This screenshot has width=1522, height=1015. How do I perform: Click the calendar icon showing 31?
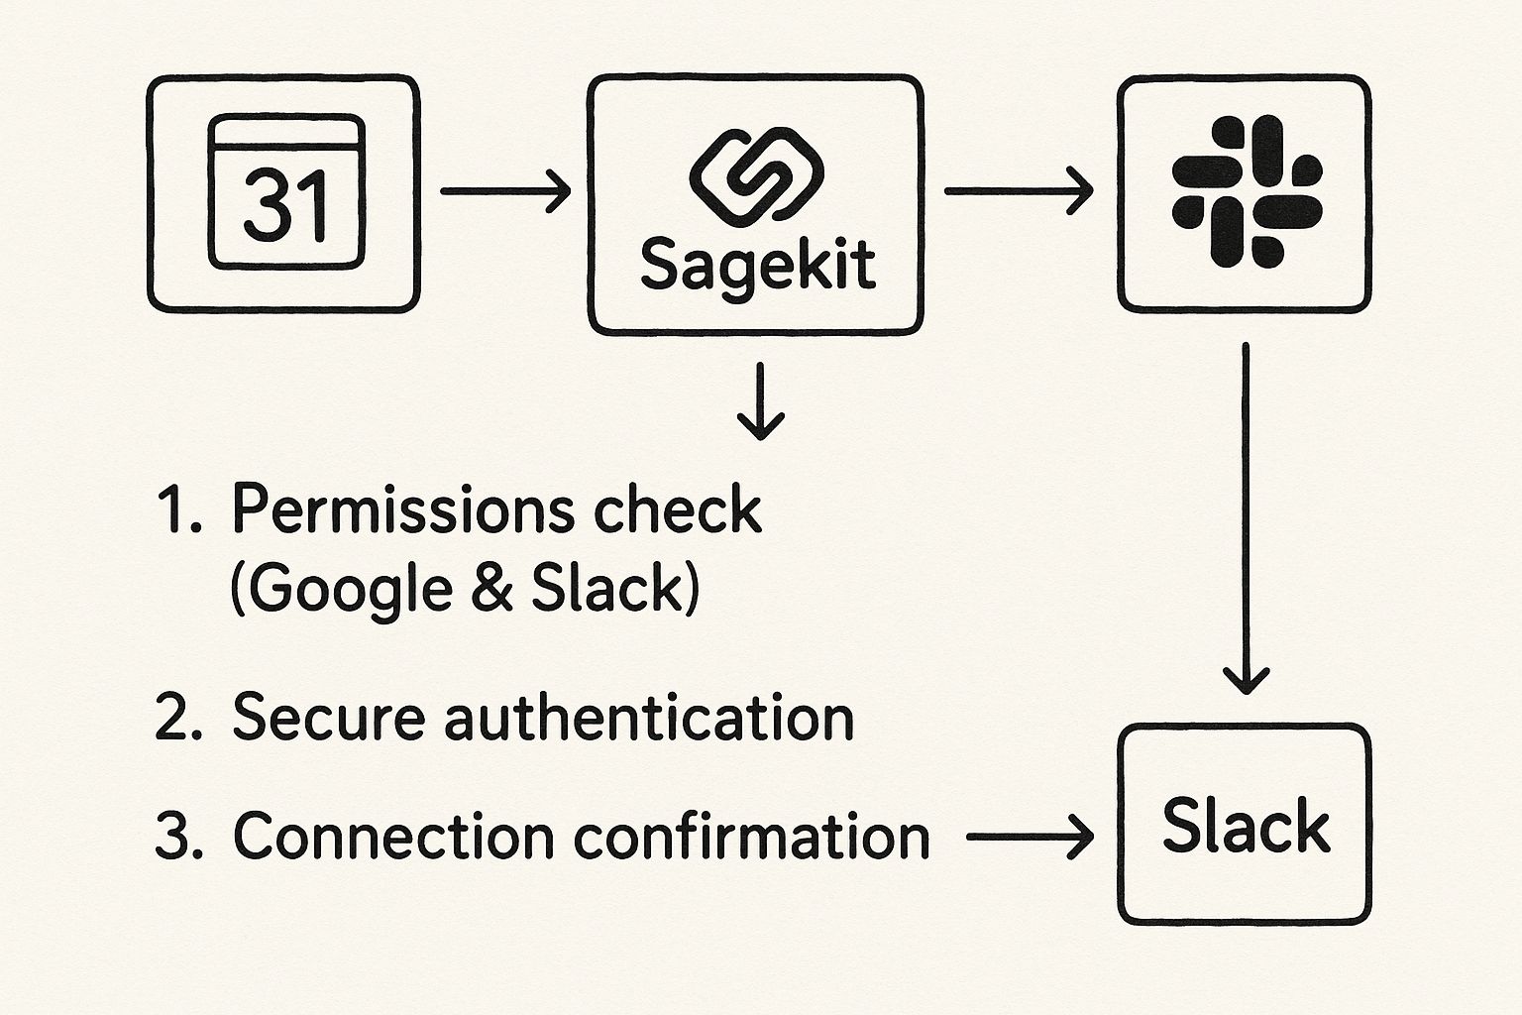point(285,192)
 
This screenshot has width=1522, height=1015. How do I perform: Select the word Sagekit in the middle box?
point(757,265)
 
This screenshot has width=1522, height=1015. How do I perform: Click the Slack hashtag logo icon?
point(1246,191)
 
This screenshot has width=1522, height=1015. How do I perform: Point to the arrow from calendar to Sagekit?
point(505,190)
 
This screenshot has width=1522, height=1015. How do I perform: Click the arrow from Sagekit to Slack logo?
point(1018,190)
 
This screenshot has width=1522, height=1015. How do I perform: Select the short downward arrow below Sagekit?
point(761,400)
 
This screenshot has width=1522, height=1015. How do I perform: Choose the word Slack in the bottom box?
point(1246,826)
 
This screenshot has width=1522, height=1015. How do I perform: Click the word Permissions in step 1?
point(402,511)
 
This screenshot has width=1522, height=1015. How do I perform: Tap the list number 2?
point(178,718)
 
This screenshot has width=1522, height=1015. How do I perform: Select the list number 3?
point(178,838)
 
